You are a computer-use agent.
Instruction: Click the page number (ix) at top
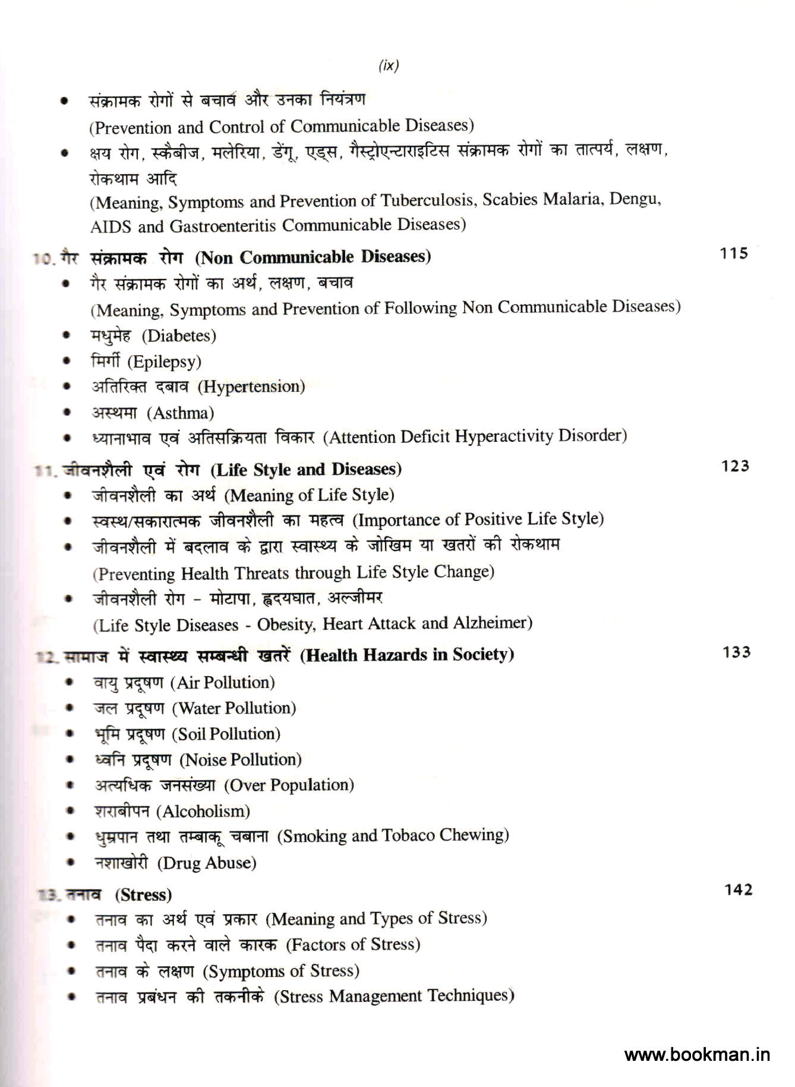click(x=389, y=65)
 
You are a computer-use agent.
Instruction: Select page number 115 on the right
click(x=734, y=253)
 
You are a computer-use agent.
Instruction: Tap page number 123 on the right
click(x=735, y=466)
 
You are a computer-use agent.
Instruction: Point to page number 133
click(x=736, y=652)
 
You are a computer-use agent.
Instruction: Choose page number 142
click(x=739, y=890)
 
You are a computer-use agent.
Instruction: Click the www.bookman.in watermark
click(x=697, y=1055)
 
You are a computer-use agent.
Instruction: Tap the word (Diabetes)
click(x=179, y=336)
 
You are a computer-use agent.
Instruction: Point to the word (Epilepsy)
click(x=165, y=362)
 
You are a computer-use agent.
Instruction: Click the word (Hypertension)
click(x=251, y=387)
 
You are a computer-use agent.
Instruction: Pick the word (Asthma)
click(x=181, y=413)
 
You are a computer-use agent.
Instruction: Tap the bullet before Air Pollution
click(x=70, y=682)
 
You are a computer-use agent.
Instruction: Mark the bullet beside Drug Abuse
click(x=71, y=862)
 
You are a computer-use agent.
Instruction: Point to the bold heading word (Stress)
click(x=143, y=895)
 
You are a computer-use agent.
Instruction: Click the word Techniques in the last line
click(x=471, y=995)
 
